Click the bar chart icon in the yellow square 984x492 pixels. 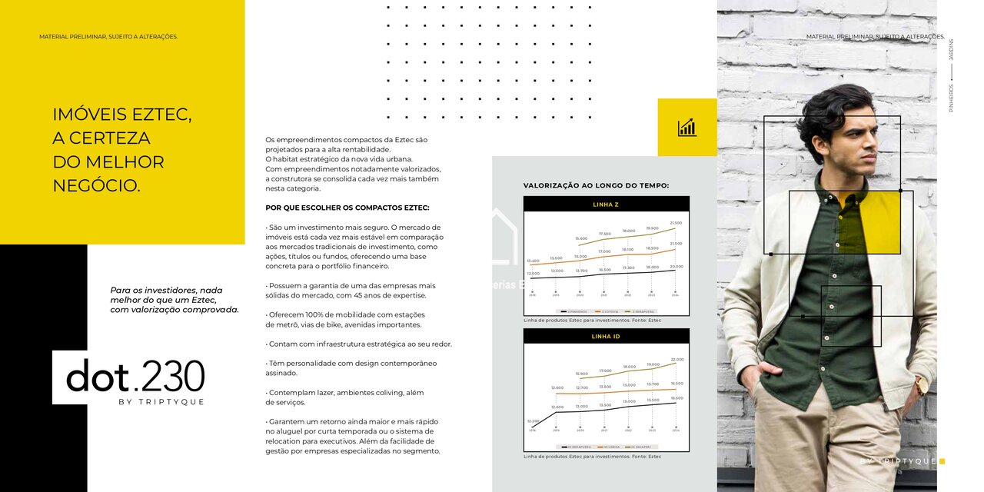[686, 128]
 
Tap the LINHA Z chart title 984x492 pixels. [606, 204]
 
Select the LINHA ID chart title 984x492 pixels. [606, 337]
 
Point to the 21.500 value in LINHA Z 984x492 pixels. [676, 223]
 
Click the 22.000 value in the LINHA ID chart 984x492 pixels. [676, 359]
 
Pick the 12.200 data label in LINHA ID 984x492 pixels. [533, 421]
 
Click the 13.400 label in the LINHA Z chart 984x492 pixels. [533, 261]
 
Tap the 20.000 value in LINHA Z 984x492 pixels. [676, 266]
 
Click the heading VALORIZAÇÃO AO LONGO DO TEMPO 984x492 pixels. [596, 185]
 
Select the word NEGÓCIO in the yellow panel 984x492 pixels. [96, 185]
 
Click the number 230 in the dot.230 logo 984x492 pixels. [173, 377]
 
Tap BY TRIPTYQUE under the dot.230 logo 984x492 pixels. [161, 402]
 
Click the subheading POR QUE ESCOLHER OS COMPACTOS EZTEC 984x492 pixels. [347, 208]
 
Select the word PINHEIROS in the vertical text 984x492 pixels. [951, 98]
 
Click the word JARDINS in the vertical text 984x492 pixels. [951, 49]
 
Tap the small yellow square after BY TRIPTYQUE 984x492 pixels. [942, 461]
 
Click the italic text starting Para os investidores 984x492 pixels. [175, 300]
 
